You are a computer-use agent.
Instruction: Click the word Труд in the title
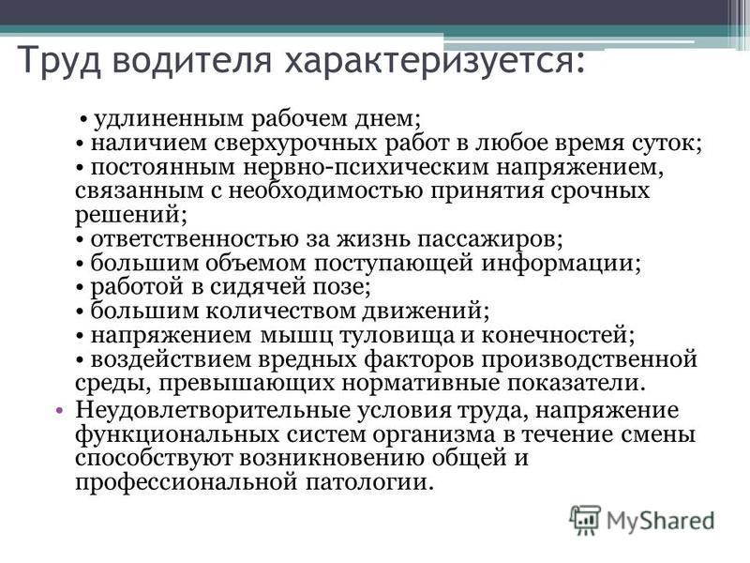[60, 59]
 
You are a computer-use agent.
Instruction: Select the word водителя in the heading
[193, 58]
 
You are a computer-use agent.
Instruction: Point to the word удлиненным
[169, 118]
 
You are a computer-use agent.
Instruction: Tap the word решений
[127, 215]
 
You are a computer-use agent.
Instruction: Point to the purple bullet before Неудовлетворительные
[59, 411]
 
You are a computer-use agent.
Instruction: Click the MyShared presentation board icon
[584, 520]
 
